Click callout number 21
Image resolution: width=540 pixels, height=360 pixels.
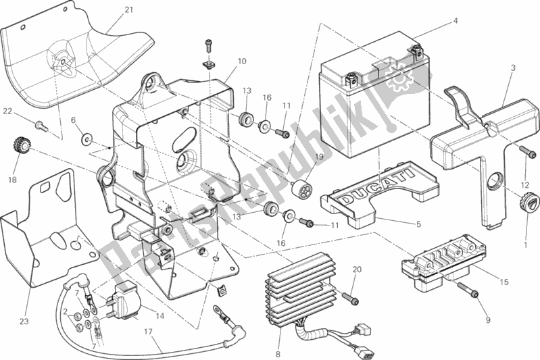click(128, 9)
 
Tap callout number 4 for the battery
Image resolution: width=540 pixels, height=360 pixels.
click(456, 21)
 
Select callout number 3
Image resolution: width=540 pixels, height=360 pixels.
click(513, 68)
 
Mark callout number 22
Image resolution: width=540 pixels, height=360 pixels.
click(6, 111)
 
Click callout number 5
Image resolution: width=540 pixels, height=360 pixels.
click(418, 225)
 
